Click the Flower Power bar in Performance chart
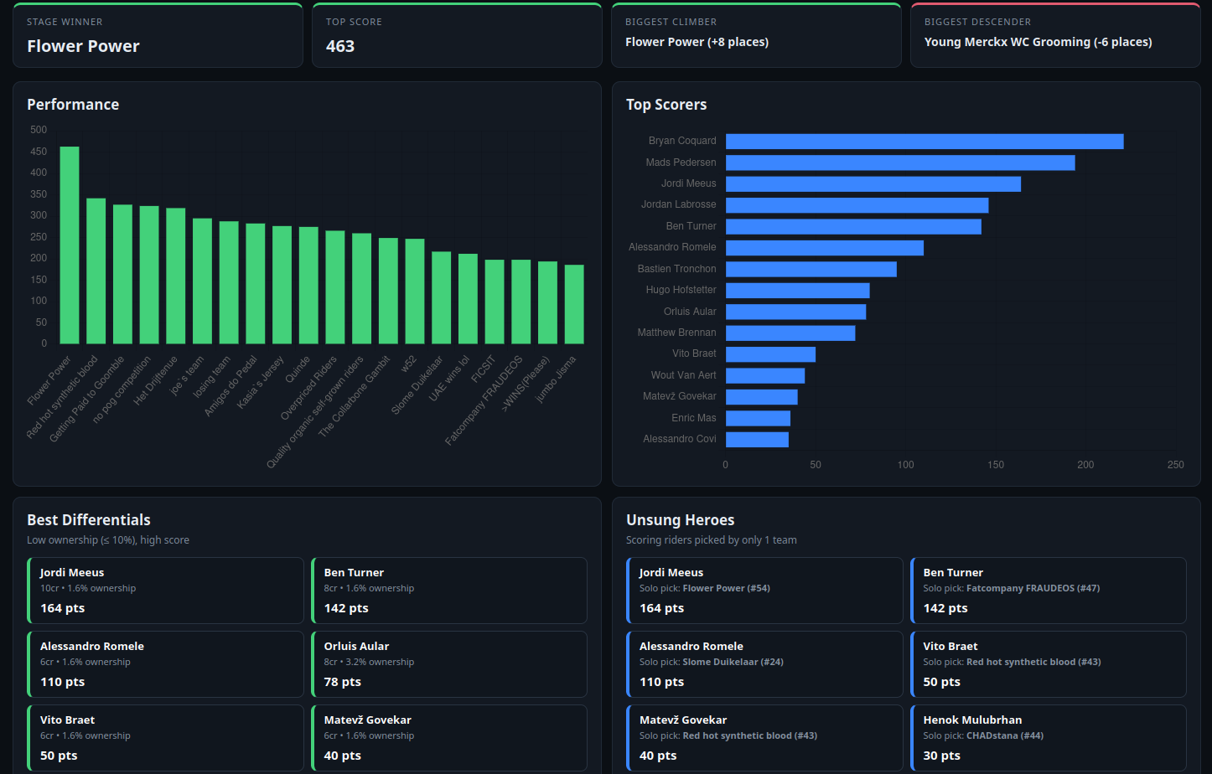(x=70, y=245)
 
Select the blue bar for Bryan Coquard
(x=925, y=142)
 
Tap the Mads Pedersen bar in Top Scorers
(x=900, y=163)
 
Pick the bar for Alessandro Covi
(x=757, y=439)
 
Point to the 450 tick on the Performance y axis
(x=39, y=152)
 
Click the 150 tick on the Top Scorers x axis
(x=996, y=465)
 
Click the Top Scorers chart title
(x=666, y=105)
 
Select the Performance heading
(x=73, y=105)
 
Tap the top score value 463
(x=339, y=46)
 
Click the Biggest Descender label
(x=977, y=22)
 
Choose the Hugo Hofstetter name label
(x=681, y=290)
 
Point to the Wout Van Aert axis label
(x=683, y=374)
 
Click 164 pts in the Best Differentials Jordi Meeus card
(x=62, y=608)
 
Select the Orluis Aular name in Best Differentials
(x=356, y=646)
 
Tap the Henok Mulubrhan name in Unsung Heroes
(x=972, y=720)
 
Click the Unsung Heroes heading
(x=680, y=520)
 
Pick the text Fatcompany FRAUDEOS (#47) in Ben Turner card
(x=1033, y=588)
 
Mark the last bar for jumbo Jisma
(x=574, y=304)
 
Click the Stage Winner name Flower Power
(x=83, y=46)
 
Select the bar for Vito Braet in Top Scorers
(x=770, y=354)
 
